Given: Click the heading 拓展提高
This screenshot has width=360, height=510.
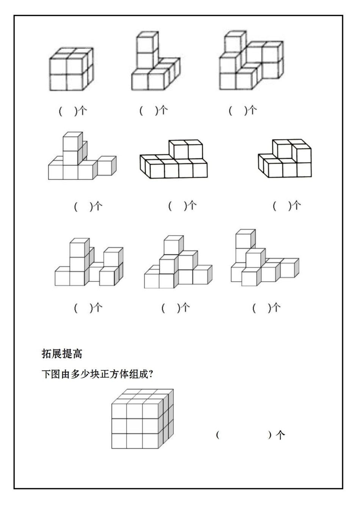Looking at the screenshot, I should [x=62, y=354].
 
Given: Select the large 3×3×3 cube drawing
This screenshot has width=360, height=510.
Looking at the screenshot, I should [x=142, y=419].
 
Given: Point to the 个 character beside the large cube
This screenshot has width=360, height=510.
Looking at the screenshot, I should [x=280, y=435].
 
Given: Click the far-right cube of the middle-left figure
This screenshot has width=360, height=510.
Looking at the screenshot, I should [x=106, y=166].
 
